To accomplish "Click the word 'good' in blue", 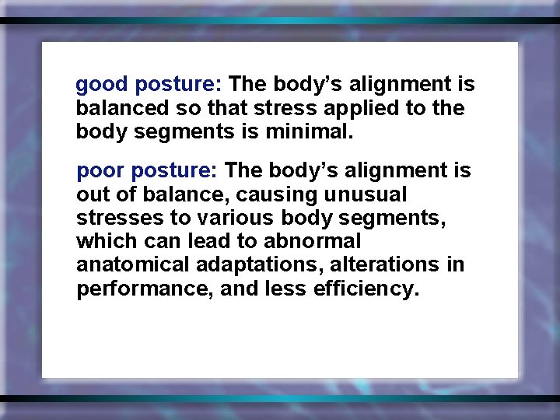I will [x=102, y=85].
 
